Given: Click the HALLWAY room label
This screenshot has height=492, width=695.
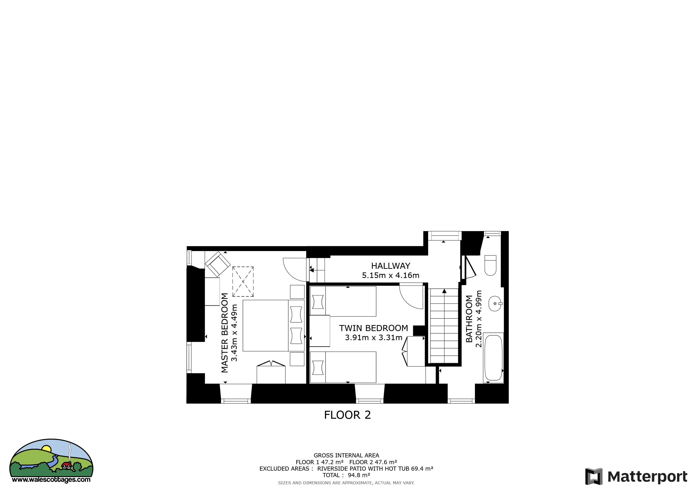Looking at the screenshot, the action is [390, 266].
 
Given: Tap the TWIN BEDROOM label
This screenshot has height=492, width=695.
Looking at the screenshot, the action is [373, 328].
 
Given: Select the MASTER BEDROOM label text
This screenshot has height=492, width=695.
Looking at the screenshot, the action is [225, 333].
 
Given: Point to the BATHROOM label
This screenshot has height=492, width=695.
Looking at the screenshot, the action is [469, 319].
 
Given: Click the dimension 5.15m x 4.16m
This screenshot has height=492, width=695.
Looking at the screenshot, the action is [390, 275].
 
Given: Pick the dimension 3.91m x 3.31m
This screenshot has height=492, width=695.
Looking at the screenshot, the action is [373, 338].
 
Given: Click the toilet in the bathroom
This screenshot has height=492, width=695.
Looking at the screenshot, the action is [490, 265].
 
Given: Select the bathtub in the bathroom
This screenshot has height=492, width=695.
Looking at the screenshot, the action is [493, 358].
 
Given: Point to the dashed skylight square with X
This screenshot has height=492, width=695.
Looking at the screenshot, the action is [243, 282].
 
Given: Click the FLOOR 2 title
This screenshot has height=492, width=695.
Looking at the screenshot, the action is [347, 415].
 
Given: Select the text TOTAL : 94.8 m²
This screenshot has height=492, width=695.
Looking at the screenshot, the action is [346, 475].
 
